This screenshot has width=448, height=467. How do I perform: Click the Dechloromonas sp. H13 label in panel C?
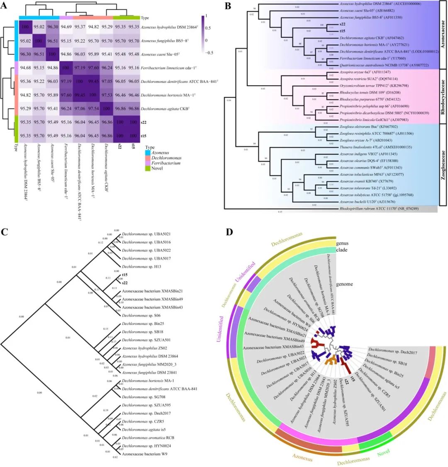coord(136,266)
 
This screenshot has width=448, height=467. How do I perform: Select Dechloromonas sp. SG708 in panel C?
coord(139,397)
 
